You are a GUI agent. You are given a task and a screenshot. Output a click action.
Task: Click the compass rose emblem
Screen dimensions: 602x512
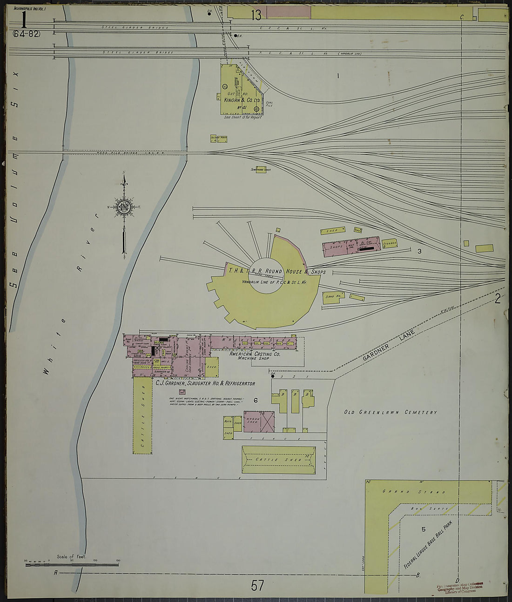pyautogui.click(x=124, y=207)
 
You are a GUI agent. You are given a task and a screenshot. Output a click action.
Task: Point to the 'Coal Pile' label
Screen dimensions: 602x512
pyautogui.click(x=269, y=105)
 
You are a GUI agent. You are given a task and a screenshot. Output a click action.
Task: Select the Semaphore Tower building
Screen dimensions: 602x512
pyautogui.click(x=261, y=170)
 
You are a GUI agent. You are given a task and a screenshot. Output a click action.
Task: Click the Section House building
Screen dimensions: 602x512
pyautogui.click(x=218, y=138)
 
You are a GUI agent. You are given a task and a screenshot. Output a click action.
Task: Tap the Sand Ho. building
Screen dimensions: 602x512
pyautogui.click(x=333, y=297)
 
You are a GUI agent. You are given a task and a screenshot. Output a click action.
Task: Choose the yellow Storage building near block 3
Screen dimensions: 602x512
pyautogui.click(x=389, y=243)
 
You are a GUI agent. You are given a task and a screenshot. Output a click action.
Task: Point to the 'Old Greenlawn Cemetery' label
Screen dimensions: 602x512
pyautogui.click(x=390, y=412)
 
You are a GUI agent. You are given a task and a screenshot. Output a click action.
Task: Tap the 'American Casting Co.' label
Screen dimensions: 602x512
pyautogui.click(x=255, y=354)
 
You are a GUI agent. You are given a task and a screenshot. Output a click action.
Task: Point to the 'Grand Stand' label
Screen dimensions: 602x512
pyautogui.click(x=414, y=492)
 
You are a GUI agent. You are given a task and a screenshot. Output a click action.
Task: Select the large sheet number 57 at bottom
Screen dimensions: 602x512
pyautogui.click(x=257, y=585)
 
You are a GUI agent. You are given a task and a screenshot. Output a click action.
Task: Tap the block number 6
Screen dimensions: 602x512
pyautogui.click(x=255, y=400)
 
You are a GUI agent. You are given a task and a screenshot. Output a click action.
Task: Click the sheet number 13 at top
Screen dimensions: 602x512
pyautogui.click(x=256, y=15)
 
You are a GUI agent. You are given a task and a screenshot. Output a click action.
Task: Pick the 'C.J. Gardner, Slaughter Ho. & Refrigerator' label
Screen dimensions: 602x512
pyautogui.click(x=205, y=384)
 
